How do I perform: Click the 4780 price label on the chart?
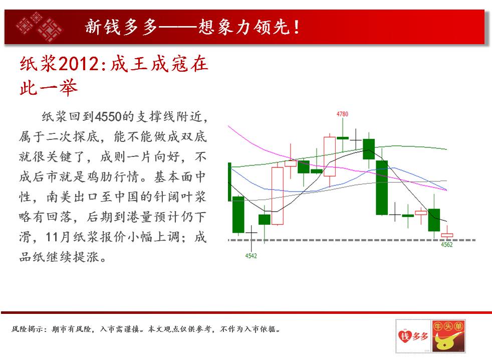click(342, 114)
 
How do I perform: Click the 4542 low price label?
click(251, 256)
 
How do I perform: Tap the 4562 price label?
click(447, 245)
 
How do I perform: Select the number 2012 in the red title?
click(79, 64)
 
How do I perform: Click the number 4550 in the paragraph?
click(108, 116)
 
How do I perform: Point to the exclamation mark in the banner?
click(296, 27)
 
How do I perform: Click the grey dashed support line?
click(352, 240)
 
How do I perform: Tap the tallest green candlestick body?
click(382, 188)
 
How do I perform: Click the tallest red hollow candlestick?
click(278, 196)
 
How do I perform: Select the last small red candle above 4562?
click(447, 235)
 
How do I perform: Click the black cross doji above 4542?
click(252, 233)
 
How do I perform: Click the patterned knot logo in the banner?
click(39, 27)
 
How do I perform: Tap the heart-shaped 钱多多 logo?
click(413, 336)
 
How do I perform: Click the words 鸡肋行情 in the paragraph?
click(113, 176)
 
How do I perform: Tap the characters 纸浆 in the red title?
click(38, 64)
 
